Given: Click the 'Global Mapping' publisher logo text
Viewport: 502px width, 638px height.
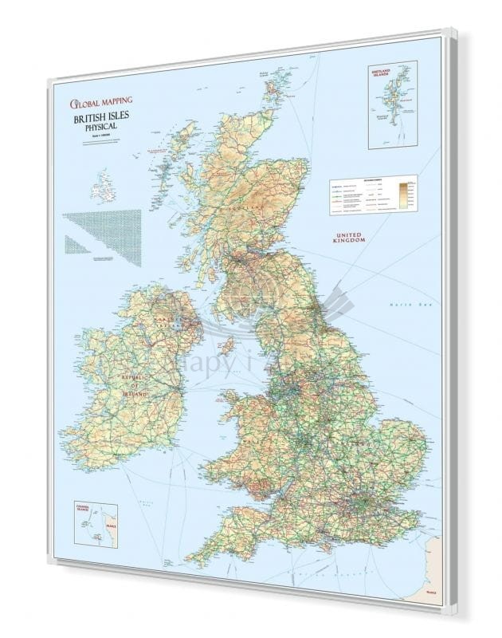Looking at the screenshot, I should pyautogui.click(x=100, y=101).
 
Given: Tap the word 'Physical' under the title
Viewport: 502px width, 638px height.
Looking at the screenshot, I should pyautogui.click(x=100, y=128).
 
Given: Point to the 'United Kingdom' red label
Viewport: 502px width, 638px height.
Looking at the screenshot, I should pyautogui.click(x=349, y=237).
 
